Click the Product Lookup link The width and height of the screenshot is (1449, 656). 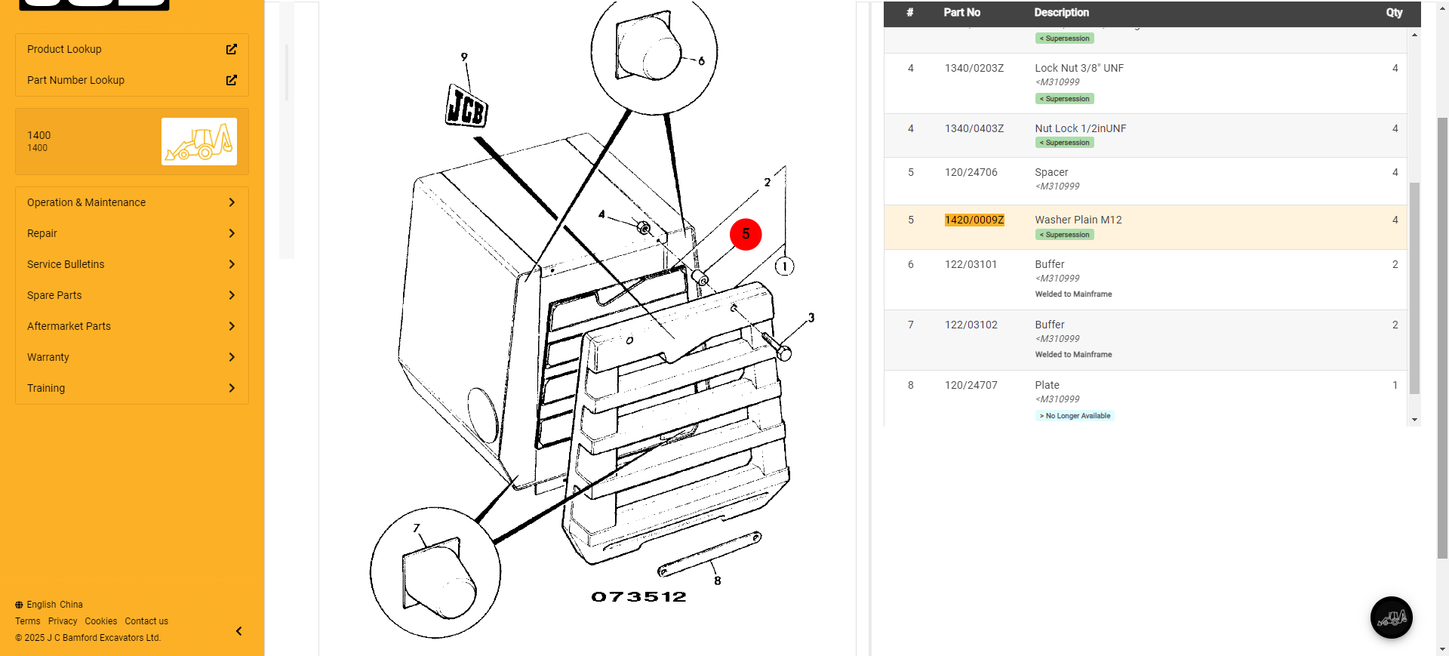pos(64,49)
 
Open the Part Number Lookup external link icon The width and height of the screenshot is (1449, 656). pos(232,80)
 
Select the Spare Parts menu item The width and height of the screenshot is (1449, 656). pos(54,295)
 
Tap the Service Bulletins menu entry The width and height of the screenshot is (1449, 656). pos(66,264)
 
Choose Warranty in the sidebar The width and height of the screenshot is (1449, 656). pos(48,357)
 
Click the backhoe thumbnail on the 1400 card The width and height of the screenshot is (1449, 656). pos(199,141)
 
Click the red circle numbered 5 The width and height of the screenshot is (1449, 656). pos(746,234)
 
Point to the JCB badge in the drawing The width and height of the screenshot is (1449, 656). pos(466,106)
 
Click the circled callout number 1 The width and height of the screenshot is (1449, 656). pos(785,266)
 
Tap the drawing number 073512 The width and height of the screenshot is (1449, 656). pos(638,597)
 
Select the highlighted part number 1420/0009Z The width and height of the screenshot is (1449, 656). pos(974,220)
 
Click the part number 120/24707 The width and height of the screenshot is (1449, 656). pos(971,385)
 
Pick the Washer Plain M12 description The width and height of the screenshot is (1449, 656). pos(1078,220)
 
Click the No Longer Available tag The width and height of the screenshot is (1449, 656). pos(1075,416)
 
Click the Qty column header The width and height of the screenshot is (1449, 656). pos(1394,13)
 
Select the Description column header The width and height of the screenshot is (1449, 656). pos(1061,13)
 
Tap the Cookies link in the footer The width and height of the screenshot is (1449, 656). pos(101,621)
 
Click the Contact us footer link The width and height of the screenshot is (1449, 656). pos(146,621)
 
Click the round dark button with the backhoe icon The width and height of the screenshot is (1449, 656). pos(1392,618)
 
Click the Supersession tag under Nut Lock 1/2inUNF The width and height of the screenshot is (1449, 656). pos(1065,143)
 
